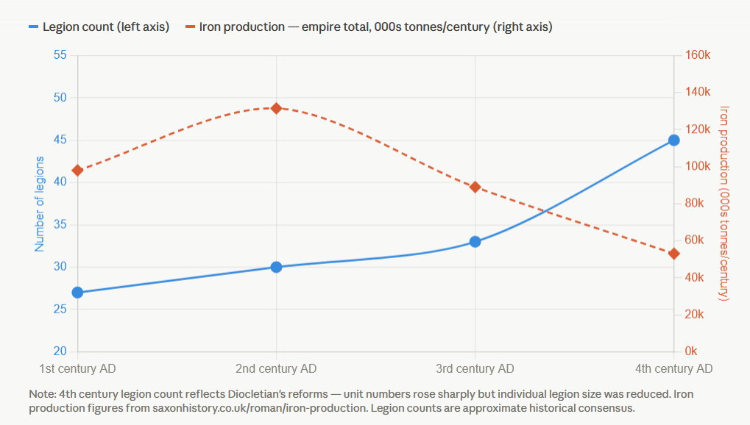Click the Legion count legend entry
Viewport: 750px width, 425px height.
coord(99,26)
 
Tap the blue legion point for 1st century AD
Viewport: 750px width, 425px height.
coord(77,293)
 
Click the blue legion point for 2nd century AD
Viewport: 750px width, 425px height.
coord(276,267)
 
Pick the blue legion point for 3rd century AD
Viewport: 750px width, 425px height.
coord(475,242)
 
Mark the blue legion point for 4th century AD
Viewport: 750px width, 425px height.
coord(673,140)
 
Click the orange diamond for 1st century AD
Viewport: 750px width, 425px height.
coord(77,171)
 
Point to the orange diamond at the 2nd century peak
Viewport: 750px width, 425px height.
coord(276,108)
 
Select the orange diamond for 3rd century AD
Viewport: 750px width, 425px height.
coord(475,187)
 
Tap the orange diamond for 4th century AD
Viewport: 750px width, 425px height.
coord(673,254)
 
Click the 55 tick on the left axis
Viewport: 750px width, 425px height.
coord(60,55)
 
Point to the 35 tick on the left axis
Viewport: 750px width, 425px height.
coord(60,225)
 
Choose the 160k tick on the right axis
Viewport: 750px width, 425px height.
coord(696,55)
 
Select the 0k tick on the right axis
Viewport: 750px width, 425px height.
coord(690,351)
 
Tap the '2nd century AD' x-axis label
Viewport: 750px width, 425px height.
coord(276,368)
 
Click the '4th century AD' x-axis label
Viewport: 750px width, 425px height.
coord(673,368)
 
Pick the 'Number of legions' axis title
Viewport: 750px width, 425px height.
coord(40,204)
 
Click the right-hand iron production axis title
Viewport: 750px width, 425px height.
coord(724,203)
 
